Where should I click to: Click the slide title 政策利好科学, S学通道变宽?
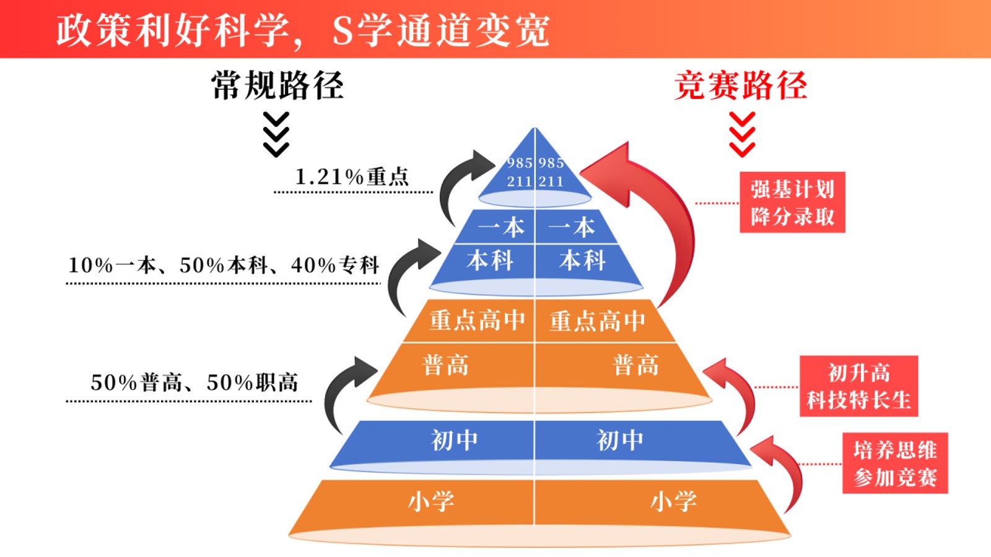(303, 30)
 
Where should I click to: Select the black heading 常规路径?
(277, 85)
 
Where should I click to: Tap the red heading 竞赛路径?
(741, 85)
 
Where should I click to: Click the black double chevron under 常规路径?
(276, 134)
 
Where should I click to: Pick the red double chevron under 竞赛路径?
(742, 134)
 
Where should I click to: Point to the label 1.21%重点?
(352, 177)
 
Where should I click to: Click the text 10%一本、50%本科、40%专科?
(224, 266)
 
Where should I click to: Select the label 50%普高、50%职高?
(194, 382)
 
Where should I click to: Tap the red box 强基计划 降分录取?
(792, 202)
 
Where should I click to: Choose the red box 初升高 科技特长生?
(858, 386)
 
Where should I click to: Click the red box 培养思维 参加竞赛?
(895, 463)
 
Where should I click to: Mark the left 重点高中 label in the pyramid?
(477, 321)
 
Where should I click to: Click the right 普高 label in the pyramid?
(636, 365)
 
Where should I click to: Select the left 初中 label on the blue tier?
(455, 440)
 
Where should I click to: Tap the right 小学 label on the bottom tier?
(673, 501)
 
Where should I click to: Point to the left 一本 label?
(501, 227)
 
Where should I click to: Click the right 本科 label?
(582, 261)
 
